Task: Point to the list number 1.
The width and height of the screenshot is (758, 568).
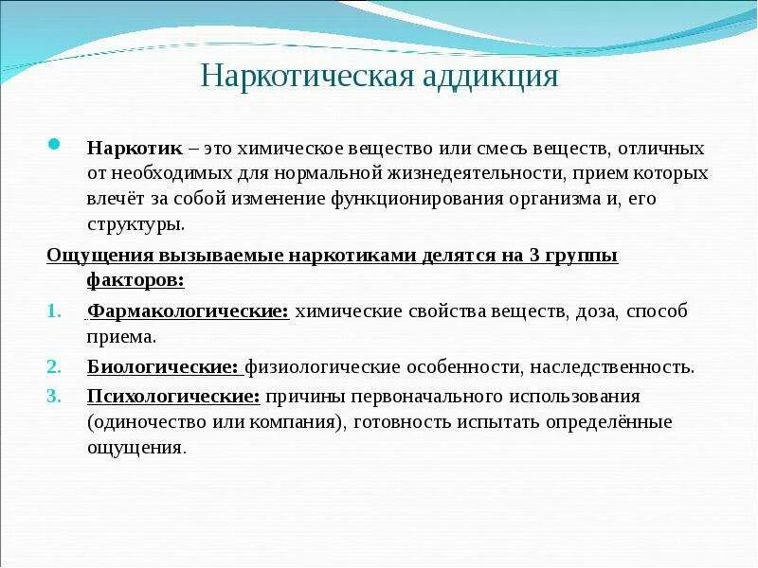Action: (x=52, y=311)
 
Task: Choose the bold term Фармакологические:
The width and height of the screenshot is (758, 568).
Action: (x=188, y=311)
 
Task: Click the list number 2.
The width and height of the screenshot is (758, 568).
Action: (x=53, y=366)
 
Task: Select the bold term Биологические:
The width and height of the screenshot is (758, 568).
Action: (x=162, y=366)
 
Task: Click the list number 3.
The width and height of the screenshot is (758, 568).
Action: (x=53, y=396)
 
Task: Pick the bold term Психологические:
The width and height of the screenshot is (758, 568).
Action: (x=173, y=396)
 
